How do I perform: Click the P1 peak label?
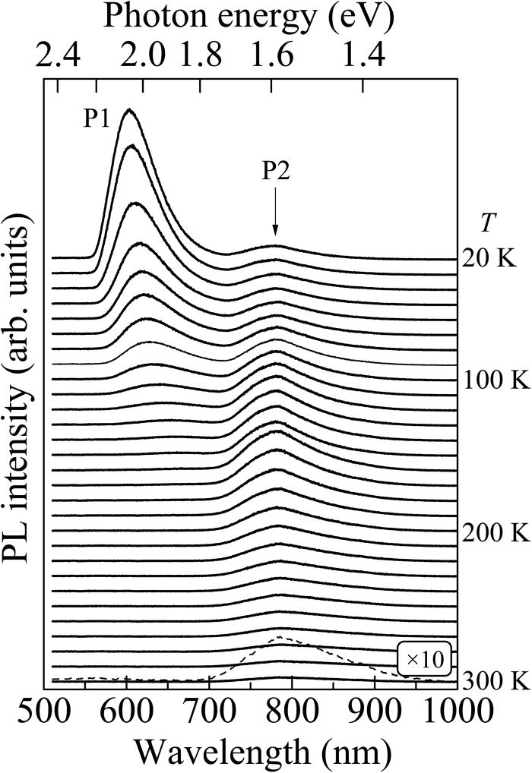98,119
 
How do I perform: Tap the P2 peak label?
276,172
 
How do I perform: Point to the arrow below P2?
276,214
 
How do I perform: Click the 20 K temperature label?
489,258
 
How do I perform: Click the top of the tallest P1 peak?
128,109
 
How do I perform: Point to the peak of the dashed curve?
280,636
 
